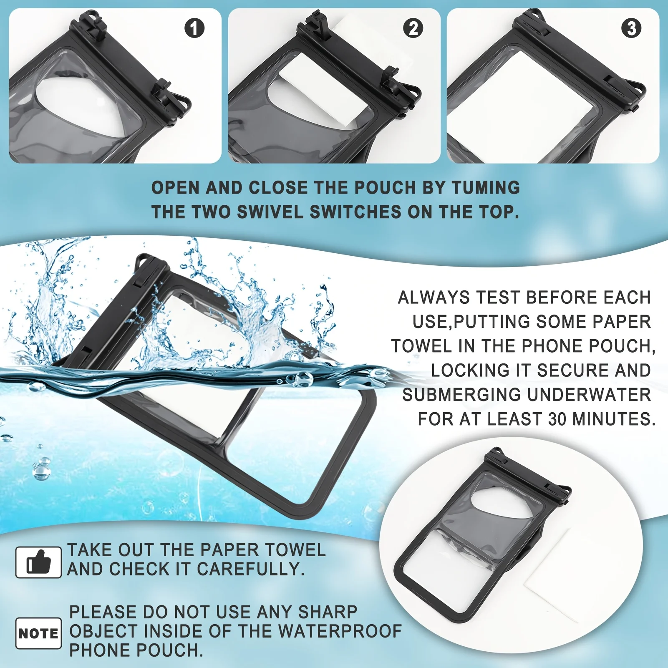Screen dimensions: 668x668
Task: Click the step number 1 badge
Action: (x=194, y=28)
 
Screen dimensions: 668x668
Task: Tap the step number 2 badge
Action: (x=413, y=28)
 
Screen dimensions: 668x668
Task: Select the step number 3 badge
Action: (x=631, y=28)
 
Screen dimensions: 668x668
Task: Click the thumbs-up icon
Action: (x=38, y=562)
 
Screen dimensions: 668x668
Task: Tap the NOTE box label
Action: (x=38, y=633)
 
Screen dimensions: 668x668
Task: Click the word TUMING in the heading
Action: (x=486, y=188)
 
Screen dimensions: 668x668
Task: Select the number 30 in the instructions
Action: (x=557, y=419)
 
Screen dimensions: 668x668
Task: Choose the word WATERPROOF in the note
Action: (x=340, y=631)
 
